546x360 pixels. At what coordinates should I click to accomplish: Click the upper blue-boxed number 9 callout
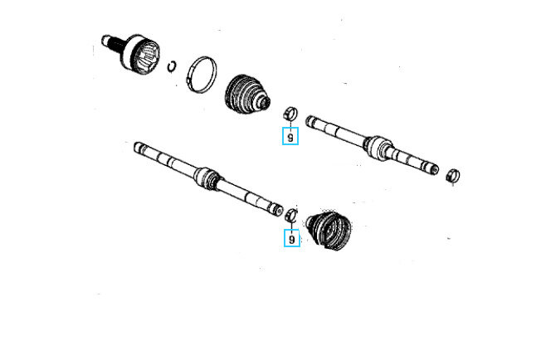coord(290,136)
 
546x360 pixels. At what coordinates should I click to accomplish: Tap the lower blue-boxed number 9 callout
coord(292,238)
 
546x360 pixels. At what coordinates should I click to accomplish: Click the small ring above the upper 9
coord(290,114)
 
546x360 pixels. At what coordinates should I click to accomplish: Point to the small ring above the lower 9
coord(291,215)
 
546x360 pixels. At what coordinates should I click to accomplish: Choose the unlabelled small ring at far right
coord(453,175)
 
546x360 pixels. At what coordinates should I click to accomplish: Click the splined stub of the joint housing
coord(111,43)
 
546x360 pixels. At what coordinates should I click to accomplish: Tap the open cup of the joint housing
coord(147,56)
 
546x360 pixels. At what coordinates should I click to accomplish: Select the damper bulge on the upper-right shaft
coord(377,148)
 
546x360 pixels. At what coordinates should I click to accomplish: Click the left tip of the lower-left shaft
coord(135,147)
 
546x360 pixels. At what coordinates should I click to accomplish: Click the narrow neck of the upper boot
coord(265,101)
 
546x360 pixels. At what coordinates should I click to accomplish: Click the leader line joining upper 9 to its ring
coord(290,124)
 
